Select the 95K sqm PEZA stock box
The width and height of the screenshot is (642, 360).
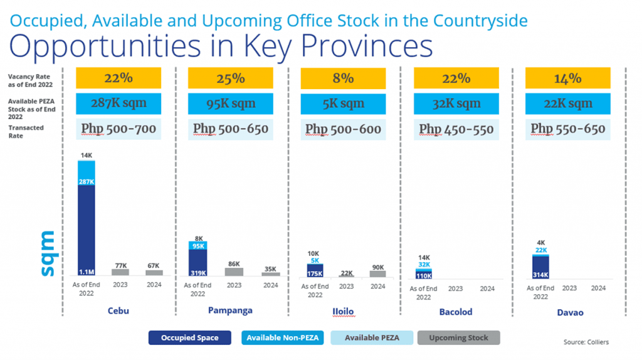(230, 103)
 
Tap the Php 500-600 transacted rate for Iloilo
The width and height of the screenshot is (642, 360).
(343, 129)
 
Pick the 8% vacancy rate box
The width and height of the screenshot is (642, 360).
(343, 78)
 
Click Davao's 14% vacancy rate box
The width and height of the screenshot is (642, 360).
(567, 78)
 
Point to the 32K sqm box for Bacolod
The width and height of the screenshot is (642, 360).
(455, 103)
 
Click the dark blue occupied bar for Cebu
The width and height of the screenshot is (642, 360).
(87, 226)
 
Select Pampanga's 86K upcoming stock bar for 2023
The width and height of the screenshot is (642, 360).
(234, 272)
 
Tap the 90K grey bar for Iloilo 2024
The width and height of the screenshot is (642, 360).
(378, 273)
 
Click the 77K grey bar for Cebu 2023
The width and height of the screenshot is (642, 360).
(120, 272)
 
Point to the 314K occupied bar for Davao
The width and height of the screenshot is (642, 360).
(540, 267)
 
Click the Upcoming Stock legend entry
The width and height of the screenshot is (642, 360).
(458, 338)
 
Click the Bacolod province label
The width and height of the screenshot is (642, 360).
(456, 312)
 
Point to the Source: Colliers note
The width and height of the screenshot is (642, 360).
(586, 342)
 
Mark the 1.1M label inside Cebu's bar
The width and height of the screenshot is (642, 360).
(87, 272)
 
